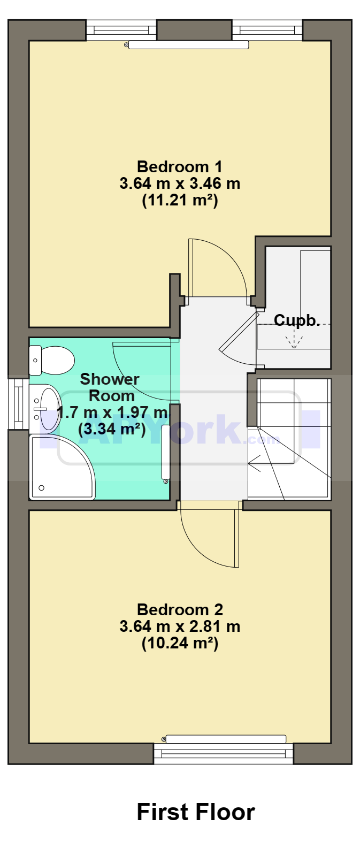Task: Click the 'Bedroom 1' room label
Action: click(x=180, y=167)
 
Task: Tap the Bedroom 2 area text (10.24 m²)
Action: click(x=180, y=643)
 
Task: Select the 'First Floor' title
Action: click(x=196, y=812)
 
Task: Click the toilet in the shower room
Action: click(x=51, y=361)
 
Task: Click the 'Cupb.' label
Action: click(x=297, y=320)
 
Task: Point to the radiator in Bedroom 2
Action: click(x=225, y=739)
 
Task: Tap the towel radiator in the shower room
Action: click(x=165, y=454)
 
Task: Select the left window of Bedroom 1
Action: click(x=121, y=30)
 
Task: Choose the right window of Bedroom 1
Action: click(x=267, y=30)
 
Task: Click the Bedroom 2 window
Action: click(x=224, y=753)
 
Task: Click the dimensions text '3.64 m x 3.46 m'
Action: click(x=180, y=184)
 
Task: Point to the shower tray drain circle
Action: click(x=41, y=488)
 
